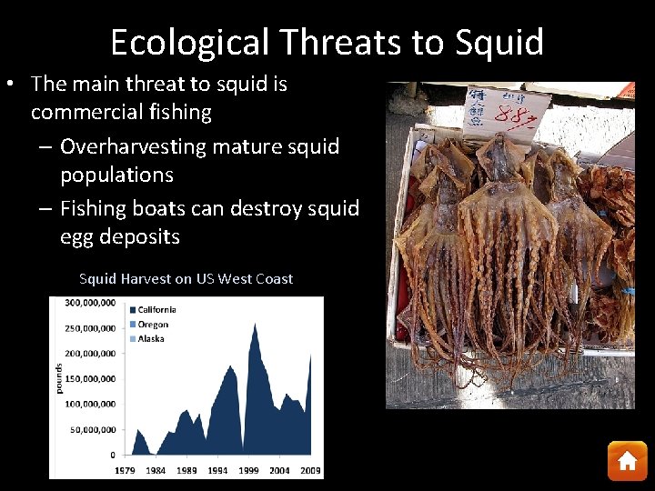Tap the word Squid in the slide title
click(x=499, y=43)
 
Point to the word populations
click(x=116, y=175)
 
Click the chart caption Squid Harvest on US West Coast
click(x=186, y=279)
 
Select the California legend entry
click(x=156, y=309)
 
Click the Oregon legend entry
click(x=152, y=324)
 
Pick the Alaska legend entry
click(x=150, y=338)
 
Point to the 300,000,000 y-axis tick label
click(x=89, y=303)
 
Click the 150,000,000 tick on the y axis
click(x=89, y=378)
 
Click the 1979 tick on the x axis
click(x=126, y=470)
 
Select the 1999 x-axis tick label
click(x=248, y=470)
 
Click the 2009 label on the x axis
click(x=310, y=470)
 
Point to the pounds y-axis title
click(x=58, y=378)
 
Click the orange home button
click(x=627, y=461)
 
